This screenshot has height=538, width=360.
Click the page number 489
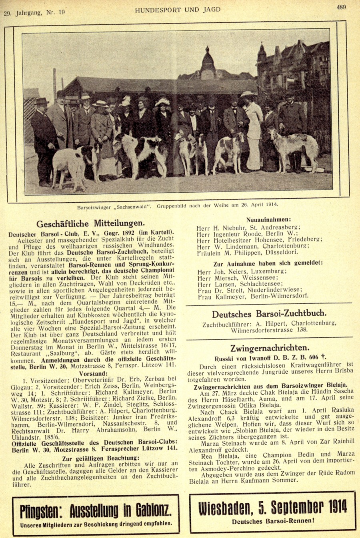click(341, 7)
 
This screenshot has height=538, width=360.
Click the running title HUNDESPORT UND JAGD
click(178, 10)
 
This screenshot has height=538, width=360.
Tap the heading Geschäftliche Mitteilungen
click(91, 223)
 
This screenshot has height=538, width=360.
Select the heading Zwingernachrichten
click(270, 348)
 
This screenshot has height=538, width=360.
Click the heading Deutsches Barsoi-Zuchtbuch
click(269, 314)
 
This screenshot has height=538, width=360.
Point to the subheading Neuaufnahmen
click(268, 219)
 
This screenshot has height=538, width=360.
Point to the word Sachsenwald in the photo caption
click(130, 207)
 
